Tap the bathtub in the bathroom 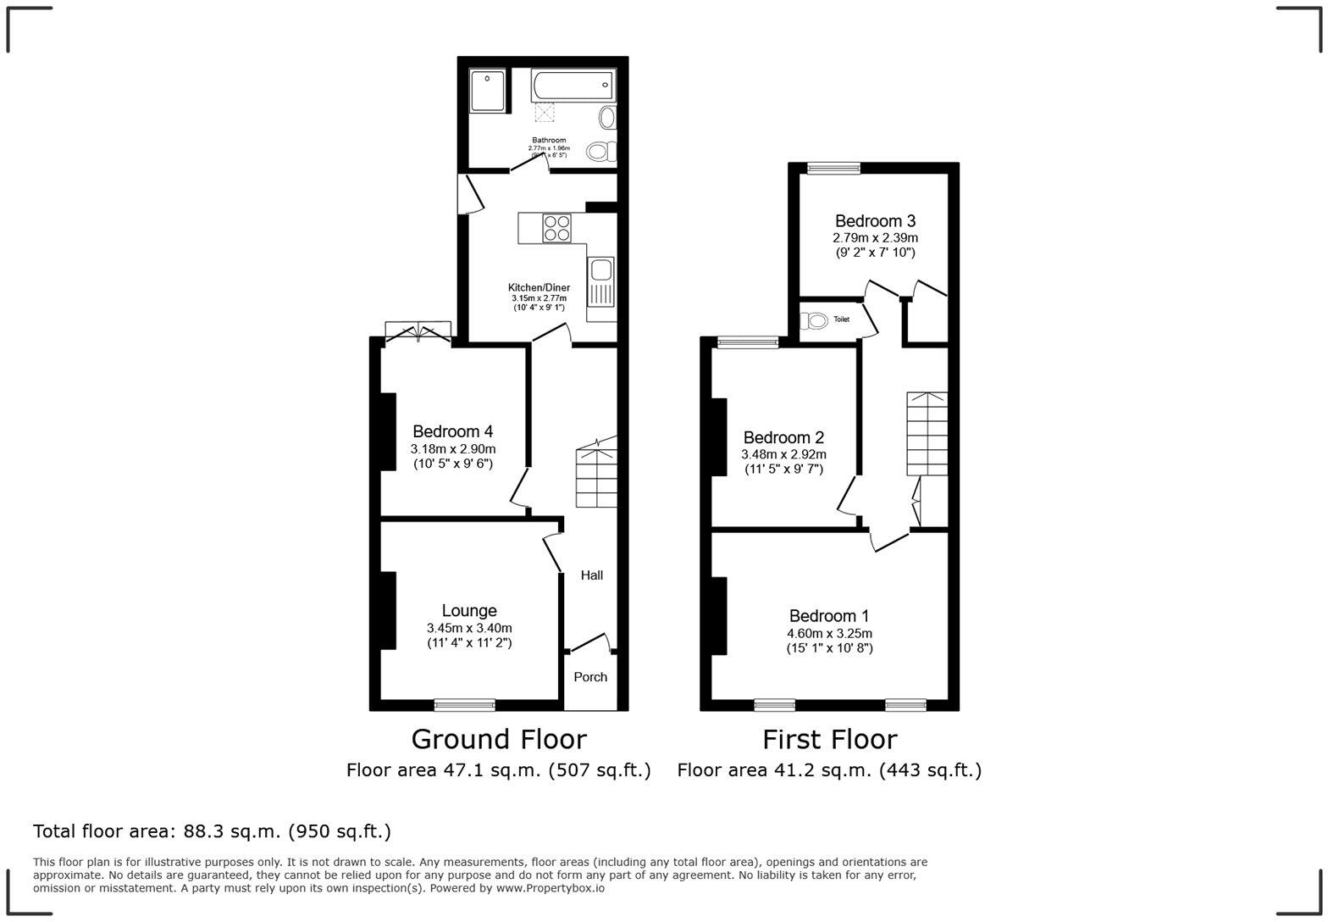(572, 84)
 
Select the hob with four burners (556, 228)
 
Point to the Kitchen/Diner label (539, 287)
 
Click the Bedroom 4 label (452, 430)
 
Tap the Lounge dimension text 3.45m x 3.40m (469, 628)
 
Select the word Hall (591, 575)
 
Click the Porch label (590, 677)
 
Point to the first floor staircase (927, 433)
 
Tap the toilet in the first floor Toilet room (815, 320)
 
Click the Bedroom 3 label (875, 221)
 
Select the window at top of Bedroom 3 (833, 168)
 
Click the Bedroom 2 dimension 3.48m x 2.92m (783, 454)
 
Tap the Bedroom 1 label (828, 616)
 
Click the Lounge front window (464, 704)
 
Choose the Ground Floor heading (498, 740)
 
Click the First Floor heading (829, 740)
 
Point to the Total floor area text (212, 831)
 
